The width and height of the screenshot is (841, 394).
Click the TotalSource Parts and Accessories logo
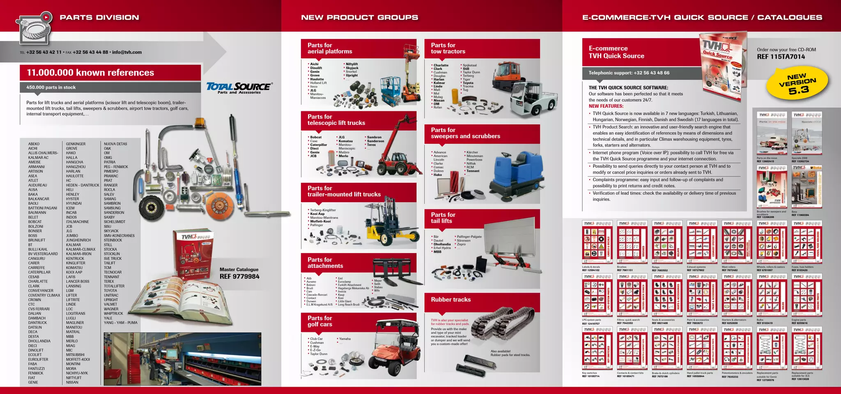239,88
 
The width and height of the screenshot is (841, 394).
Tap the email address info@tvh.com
127,52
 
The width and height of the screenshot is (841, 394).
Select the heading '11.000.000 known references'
90,73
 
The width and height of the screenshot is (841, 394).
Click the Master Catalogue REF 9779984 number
239,276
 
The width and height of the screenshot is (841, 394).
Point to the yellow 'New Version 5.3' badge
797,83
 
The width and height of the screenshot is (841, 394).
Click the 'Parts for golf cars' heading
320,321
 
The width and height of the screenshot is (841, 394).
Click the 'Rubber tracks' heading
450,300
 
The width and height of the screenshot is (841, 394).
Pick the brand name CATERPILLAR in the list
39,272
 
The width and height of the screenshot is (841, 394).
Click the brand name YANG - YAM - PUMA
120,323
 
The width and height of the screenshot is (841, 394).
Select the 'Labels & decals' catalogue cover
597,242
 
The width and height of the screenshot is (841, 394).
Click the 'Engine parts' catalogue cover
807,295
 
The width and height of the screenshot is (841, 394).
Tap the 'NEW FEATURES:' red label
606,106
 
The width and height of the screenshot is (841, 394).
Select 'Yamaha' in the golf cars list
345,339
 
